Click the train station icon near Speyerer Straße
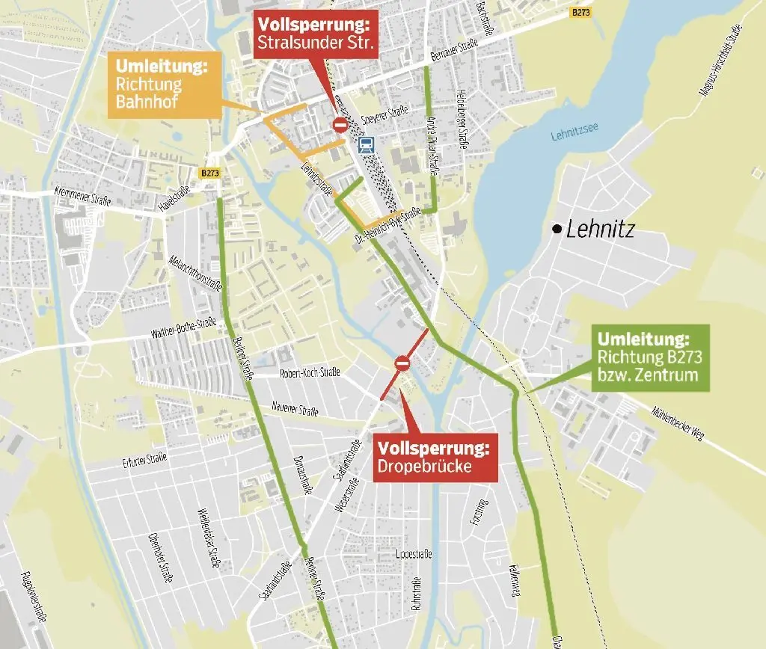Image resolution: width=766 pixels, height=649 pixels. (x=367, y=144)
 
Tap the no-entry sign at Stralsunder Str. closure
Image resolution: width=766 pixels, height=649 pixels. (x=340, y=124)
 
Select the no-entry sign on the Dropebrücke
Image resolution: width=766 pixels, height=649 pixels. (x=402, y=363)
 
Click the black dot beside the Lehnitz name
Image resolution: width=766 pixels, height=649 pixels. (x=556, y=229)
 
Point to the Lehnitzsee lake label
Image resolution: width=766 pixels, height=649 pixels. (x=572, y=136)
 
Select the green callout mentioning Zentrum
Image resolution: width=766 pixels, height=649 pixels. (x=649, y=357)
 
